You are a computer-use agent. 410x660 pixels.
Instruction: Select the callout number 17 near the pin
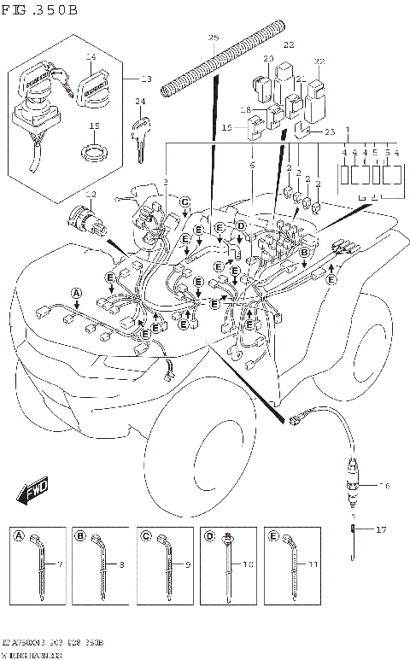click(381, 530)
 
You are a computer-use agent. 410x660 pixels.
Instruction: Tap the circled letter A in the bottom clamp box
click(19, 536)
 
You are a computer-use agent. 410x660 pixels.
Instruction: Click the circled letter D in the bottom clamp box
click(208, 536)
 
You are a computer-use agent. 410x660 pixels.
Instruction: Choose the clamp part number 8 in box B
click(123, 565)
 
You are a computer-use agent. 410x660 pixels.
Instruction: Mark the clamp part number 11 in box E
click(314, 565)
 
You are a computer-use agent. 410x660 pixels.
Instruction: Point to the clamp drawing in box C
click(163, 559)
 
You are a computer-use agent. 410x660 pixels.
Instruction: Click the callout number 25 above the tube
click(214, 38)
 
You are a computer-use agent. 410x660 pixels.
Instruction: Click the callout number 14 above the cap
click(91, 56)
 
